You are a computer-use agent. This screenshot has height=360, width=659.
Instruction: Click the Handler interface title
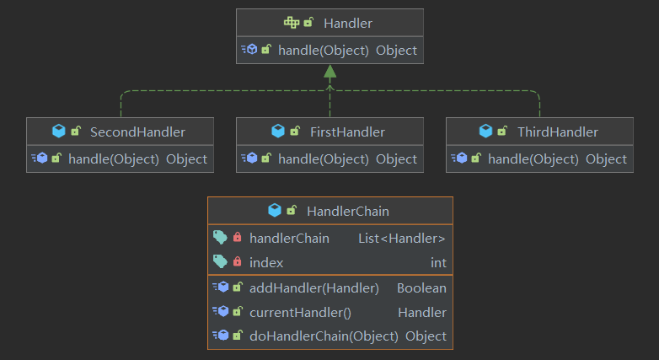[347, 23]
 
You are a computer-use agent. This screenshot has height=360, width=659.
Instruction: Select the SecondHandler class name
[137, 132]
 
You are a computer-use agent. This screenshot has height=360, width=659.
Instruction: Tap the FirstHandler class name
[347, 132]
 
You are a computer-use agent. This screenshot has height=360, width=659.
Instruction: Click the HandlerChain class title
[348, 211]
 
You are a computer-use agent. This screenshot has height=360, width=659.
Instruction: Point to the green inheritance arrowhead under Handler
[329, 73]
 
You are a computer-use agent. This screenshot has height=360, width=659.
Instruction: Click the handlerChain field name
[289, 239]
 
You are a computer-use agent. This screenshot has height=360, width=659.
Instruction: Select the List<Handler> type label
[402, 239]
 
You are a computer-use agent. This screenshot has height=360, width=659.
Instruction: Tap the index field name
[266, 262]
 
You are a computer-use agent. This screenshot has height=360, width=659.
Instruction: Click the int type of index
[438, 262]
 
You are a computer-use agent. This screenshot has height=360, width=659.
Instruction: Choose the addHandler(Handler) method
[313, 287]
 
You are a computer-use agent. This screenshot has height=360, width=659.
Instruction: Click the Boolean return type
[421, 287]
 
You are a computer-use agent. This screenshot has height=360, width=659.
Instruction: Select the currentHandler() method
[300, 312]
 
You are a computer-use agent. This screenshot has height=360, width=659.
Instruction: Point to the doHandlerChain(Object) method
[324, 336]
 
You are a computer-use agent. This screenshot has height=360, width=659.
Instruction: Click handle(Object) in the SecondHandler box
[114, 159]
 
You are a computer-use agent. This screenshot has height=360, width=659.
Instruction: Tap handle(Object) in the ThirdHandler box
[533, 159]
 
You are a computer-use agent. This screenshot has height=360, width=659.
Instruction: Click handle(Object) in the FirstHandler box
[324, 159]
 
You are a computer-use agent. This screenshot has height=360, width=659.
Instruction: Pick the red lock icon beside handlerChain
[238, 239]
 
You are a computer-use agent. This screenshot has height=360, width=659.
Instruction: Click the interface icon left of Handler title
[291, 23]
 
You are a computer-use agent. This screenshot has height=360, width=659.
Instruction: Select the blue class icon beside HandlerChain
[274, 211]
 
